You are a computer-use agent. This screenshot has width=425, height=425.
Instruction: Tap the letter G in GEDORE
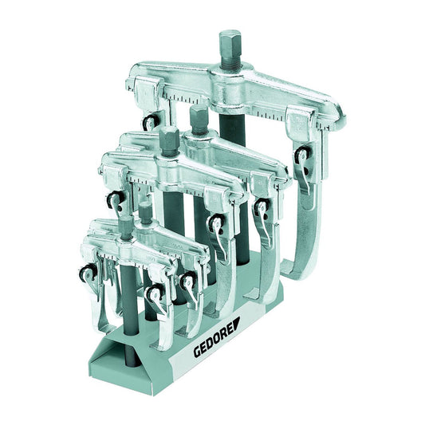(x=197, y=352)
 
